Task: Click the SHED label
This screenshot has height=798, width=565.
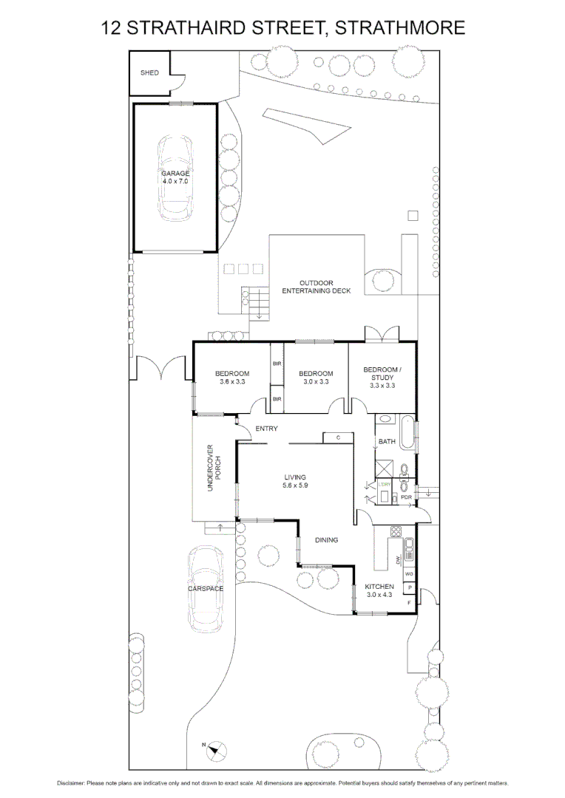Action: [149, 73]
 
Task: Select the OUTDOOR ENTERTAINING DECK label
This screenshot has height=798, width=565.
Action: [316, 287]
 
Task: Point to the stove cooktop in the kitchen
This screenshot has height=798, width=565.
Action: [396, 531]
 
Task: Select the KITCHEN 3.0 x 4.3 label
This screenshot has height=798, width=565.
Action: [379, 590]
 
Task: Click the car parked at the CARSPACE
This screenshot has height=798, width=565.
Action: [205, 590]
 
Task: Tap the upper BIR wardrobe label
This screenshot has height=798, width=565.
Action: [277, 364]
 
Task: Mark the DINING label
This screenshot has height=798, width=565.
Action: [326, 540]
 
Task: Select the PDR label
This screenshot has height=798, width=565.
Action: [405, 498]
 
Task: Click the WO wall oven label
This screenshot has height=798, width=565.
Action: [408, 573]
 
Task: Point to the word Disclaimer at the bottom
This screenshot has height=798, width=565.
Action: [71, 783]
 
